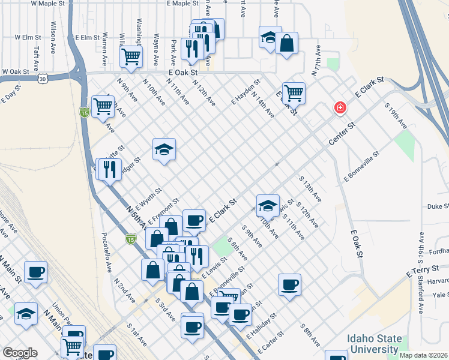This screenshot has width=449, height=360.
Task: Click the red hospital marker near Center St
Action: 340,108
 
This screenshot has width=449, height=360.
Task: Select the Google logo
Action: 20,353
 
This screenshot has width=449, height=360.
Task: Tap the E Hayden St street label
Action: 246,92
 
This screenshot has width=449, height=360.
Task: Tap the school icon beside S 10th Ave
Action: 268,206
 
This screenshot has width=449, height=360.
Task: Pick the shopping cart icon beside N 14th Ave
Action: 294,92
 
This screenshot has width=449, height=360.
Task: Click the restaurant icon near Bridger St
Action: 109,169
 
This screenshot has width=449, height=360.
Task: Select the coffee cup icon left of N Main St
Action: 35,272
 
